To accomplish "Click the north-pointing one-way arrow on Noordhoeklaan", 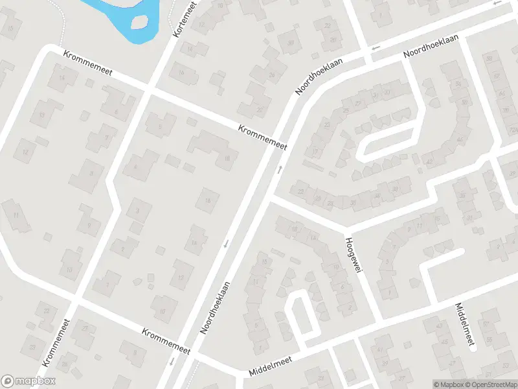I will [x=280, y=170].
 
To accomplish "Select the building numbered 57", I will [x=486, y=324].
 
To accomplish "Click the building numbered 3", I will [x=137, y=210].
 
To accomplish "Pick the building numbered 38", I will [x=394, y=189].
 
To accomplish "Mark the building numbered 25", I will [x=346, y=111].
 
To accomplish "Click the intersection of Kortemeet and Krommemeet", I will [x=150, y=89].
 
